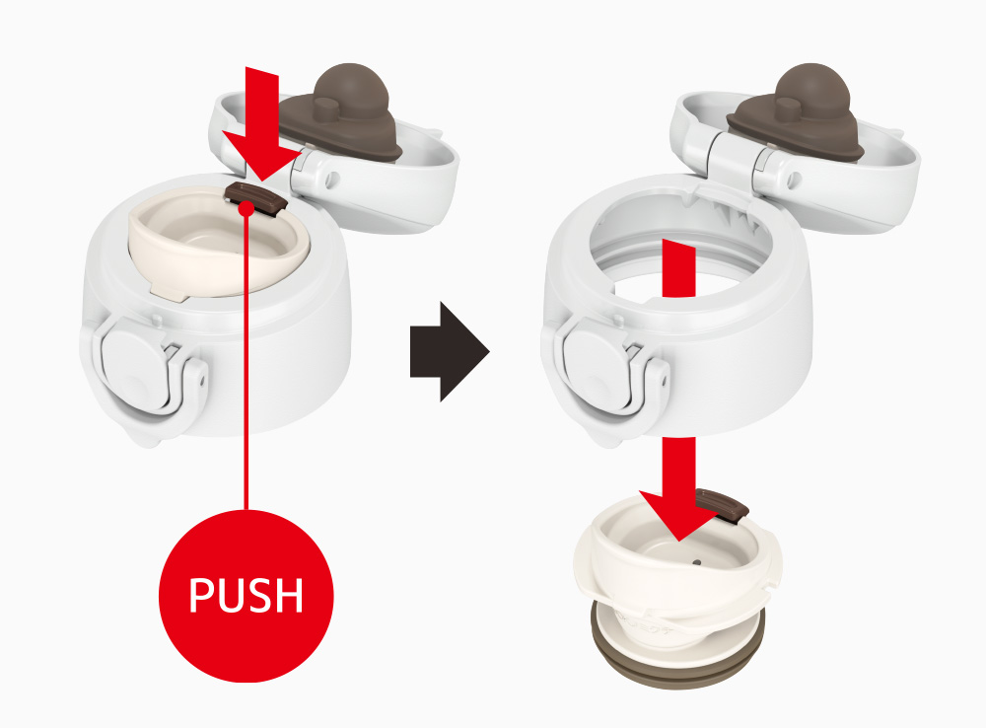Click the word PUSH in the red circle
point(246,595)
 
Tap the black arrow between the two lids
point(449,351)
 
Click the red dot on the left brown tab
point(247,208)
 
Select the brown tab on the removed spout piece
point(723,506)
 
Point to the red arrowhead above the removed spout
point(680,513)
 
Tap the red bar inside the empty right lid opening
point(679,268)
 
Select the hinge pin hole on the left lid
point(332,180)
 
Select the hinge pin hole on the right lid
point(795,180)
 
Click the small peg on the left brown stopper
point(325,109)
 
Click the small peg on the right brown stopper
point(787,109)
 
